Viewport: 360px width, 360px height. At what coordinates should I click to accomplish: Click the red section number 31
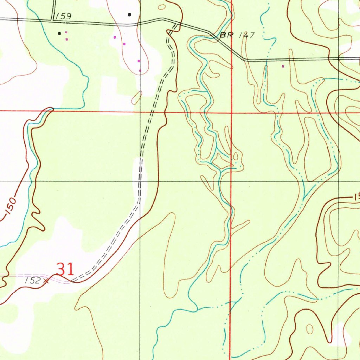(x=65, y=270)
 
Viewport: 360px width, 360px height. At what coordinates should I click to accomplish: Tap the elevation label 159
(x=63, y=16)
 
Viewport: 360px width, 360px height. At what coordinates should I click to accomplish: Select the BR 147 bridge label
(x=237, y=36)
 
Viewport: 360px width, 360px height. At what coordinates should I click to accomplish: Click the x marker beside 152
(x=46, y=281)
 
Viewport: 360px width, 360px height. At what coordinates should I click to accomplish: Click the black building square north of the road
(x=130, y=14)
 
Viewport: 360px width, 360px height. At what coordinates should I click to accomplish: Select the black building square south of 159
(x=59, y=33)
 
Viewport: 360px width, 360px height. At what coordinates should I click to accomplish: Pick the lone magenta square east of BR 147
(x=283, y=66)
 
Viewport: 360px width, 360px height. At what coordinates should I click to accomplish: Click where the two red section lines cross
(x=231, y=113)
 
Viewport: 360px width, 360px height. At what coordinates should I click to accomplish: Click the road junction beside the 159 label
(x=53, y=20)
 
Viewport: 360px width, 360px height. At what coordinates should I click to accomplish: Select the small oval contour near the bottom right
(x=310, y=329)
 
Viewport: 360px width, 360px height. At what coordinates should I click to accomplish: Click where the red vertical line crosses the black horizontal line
(x=231, y=181)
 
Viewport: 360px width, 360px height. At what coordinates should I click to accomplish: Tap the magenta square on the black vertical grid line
(x=140, y=71)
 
